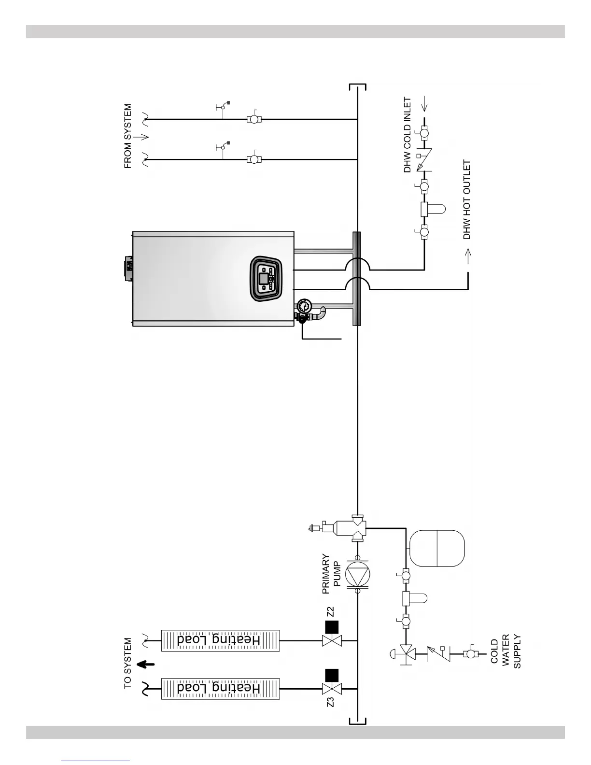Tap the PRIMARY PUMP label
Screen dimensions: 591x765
pos(332,574)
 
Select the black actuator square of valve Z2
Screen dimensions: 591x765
pos(331,627)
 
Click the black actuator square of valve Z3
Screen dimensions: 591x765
pos(331,675)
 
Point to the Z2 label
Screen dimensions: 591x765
pos(331,611)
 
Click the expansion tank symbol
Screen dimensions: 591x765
pos(437,548)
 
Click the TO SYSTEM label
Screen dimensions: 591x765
pos(127,663)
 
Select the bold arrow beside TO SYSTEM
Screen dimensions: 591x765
pos(145,665)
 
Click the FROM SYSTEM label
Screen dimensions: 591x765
pos(127,136)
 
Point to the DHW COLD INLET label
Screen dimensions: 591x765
pos(408,135)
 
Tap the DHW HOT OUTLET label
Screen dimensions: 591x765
pos(466,200)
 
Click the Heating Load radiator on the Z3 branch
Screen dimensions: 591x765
pos(220,688)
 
